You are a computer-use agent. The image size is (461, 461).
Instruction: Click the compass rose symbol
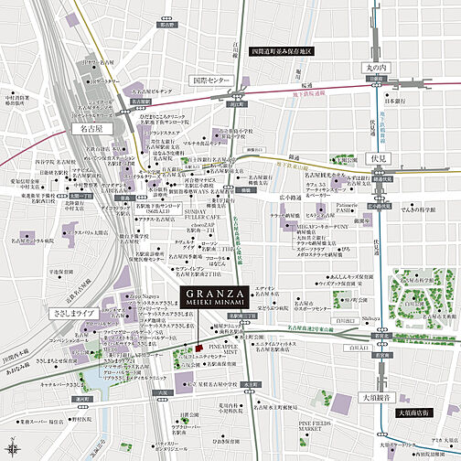coord(12,448)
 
